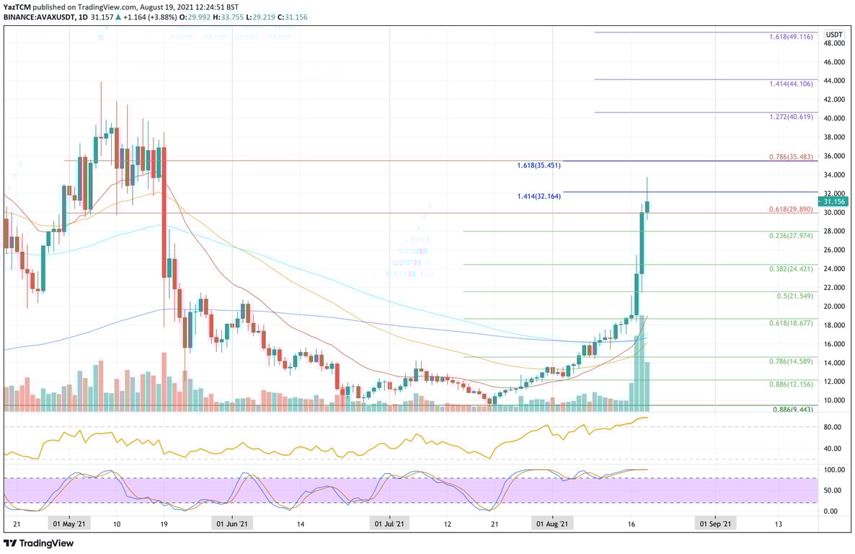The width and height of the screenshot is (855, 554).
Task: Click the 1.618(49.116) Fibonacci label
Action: pyautogui.click(x=791, y=36)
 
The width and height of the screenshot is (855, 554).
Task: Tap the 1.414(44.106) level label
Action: pyautogui.click(x=791, y=84)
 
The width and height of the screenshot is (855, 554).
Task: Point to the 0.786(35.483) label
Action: pyautogui.click(x=791, y=157)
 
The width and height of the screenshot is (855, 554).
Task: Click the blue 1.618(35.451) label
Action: pyautogui.click(x=539, y=165)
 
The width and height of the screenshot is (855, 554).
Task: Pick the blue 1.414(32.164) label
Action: pyautogui.click(x=539, y=196)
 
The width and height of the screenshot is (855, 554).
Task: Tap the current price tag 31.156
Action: pyautogui.click(x=834, y=202)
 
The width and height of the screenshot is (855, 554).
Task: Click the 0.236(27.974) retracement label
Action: pyautogui.click(x=791, y=235)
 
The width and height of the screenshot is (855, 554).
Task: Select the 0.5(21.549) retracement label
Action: pyautogui.click(x=794, y=296)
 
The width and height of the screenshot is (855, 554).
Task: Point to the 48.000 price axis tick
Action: pyautogui.click(x=834, y=43)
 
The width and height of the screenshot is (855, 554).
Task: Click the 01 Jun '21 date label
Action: pyautogui.click(x=233, y=524)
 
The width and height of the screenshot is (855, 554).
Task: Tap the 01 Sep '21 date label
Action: pyautogui.click(x=714, y=524)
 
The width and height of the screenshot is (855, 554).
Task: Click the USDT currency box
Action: pyautogui.click(x=834, y=34)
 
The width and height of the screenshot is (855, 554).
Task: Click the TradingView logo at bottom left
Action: pyautogui.click(x=40, y=543)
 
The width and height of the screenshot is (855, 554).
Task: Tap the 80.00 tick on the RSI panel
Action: pyautogui.click(x=833, y=427)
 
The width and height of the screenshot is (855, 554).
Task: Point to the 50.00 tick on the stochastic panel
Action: pyautogui.click(x=833, y=491)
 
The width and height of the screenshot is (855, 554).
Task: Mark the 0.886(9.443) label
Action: pyautogui.click(x=791, y=410)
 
